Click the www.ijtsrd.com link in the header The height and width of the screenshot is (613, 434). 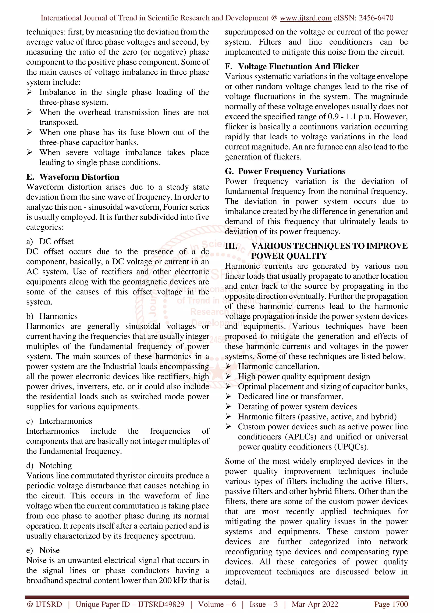click(x=306, y=18)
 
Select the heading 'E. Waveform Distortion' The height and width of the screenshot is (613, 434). click(x=72, y=177)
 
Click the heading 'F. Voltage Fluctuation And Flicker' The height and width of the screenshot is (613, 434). click(x=292, y=66)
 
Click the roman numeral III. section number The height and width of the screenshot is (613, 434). click(x=231, y=246)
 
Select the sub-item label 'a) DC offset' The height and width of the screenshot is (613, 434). click(x=50, y=241)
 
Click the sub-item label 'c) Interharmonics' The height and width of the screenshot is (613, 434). click(x=59, y=421)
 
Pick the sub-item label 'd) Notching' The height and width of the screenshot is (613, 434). click(x=49, y=465)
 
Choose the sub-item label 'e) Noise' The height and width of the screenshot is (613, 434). click(x=43, y=550)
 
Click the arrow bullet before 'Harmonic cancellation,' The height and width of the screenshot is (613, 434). click(x=228, y=367)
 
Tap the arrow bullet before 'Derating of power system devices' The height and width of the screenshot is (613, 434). click(x=228, y=407)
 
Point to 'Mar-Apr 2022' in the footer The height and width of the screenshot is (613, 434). click(x=315, y=604)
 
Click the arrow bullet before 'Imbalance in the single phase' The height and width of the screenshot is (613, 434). click(x=30, y=92)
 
